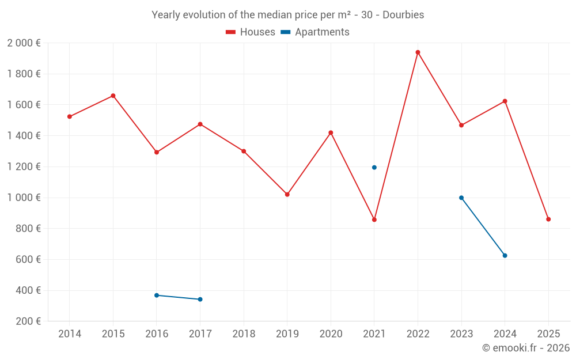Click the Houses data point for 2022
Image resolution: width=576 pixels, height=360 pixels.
click(x=418, y=52)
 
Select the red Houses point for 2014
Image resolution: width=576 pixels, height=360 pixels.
click(x=70, y=116)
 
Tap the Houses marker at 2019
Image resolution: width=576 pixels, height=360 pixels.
click(x=287, y=195)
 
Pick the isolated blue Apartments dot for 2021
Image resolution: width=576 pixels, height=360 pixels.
click(x=374, y=168)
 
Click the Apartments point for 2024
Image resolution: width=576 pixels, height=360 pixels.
click(x=505, y=256)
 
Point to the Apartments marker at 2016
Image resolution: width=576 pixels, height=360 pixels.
click(x=157, y=295)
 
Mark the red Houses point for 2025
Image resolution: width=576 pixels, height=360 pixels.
click(x=548, y=219)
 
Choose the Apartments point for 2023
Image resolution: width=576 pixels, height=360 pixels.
click(x=461, y=198)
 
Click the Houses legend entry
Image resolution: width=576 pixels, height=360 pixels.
click(x=251, y=32)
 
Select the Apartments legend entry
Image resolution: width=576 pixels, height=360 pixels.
click(x=315, y=32)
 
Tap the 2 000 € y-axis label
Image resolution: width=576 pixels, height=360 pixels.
click(x=24, y=43)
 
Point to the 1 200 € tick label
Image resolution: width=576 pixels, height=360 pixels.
click(x=24, y=167)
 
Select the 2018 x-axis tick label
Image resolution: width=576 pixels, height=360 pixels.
click(x=244, y=334)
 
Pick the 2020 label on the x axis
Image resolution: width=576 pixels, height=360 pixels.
click(x=331, y=334)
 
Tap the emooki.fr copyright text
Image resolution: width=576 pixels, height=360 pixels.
click(x=526, y=348)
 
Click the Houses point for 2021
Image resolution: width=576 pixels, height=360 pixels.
click(x=374, y=220)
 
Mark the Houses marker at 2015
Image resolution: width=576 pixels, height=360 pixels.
click(x=113, y=96)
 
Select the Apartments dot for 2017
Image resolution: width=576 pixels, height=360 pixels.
click(x=200, y=300)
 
